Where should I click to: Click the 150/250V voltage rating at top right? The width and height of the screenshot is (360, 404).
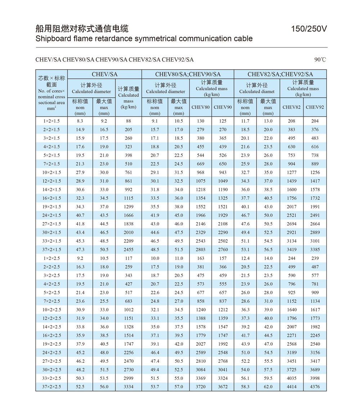coord(309,29)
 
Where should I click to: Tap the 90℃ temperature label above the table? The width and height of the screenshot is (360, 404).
coord(320,59)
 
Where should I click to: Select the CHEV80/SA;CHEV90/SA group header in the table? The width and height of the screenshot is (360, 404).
coord(188,75)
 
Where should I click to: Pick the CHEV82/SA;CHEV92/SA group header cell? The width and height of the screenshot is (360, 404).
coord(280,75)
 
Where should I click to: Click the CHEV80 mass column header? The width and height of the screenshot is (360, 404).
coord(201,107)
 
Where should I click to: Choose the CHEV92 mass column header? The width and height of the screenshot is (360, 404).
coord(315,107)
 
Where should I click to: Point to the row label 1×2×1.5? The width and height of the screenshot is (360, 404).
coord(51,121)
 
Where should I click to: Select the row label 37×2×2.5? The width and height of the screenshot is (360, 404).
coord(51,387)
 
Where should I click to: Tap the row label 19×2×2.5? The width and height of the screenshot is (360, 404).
coord(51,344)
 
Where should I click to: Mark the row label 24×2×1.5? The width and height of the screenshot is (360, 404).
coord(51,216)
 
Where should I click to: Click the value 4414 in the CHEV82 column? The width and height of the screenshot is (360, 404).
coord(292,387)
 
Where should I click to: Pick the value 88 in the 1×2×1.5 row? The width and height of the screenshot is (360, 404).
coord(129,121)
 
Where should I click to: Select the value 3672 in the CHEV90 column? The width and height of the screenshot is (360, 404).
coord(223,387)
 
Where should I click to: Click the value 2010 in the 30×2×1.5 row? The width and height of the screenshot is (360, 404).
coord(129,233)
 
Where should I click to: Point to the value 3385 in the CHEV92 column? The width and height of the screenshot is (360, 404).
coord(315,250)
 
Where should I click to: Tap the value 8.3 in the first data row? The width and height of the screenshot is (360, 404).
coord(80,121)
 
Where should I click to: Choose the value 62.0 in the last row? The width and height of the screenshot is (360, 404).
coord(268,387)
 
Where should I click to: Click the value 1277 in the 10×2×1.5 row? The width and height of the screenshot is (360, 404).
coord(292,173)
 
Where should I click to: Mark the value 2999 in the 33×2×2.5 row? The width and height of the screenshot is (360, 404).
coord(129,378)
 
